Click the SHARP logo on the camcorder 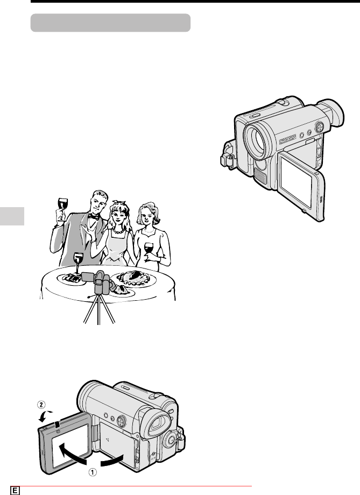coord(287,139)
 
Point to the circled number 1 coord(93,472)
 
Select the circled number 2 coord(41,405)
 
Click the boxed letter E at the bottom coord(15,491)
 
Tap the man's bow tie coord(93,216)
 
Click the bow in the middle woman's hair coord(119,202)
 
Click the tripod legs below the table coord(99,309)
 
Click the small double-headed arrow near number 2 coord(44,416)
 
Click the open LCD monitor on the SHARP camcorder coord(301,186)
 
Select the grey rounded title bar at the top coord(110,23)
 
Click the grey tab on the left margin coord(12,216)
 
